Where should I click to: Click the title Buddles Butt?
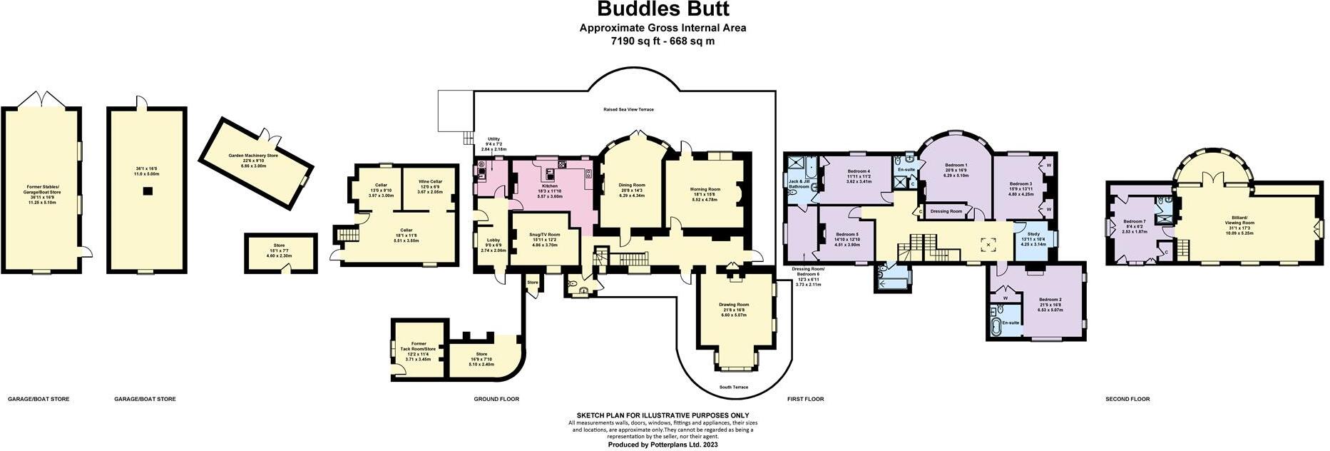(663, 9)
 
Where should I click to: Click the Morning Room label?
(705, 189)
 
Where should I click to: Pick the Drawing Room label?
(733, 305)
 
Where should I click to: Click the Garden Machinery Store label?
(252, 155)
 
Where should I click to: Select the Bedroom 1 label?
(956, 166)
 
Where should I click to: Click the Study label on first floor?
(1033, 234)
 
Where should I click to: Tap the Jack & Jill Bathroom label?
(798, 183)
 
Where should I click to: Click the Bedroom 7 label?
(1134, 221)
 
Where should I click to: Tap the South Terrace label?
(733, 387)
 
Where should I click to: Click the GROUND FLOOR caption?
(496, 399)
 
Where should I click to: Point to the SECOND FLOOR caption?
(1127, 399)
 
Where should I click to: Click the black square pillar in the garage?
(146, 191)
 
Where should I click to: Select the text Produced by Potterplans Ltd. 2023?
(663, 445)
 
